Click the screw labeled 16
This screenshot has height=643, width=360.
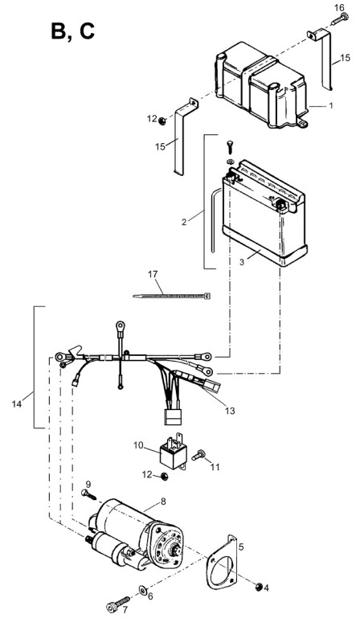tap(340, 18)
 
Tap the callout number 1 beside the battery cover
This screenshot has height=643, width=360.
tap(330, 105)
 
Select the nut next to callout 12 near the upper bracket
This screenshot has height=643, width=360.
tap(162, 121)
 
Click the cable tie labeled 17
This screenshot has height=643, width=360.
tap(171, 295)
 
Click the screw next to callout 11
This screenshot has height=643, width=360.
tap(198, 455)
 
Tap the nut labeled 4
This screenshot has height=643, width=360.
tap(259, 587)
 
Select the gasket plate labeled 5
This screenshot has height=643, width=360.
tap(222, 562)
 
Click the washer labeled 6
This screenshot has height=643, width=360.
tap(144, 591)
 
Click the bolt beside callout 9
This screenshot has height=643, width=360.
tap(88, 494)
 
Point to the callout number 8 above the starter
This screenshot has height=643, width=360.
tap(163, 501)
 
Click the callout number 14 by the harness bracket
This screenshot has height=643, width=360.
tap(16, 404)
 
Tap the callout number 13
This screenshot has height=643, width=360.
tap(230, 411)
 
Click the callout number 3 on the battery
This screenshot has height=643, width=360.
tap(242, 261)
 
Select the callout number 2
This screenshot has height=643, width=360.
tap(184, 222)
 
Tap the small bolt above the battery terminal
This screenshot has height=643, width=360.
tap(230, 147)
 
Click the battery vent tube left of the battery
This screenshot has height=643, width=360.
tap(214, 219)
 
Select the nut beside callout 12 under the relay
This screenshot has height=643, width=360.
tap(165, 476)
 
